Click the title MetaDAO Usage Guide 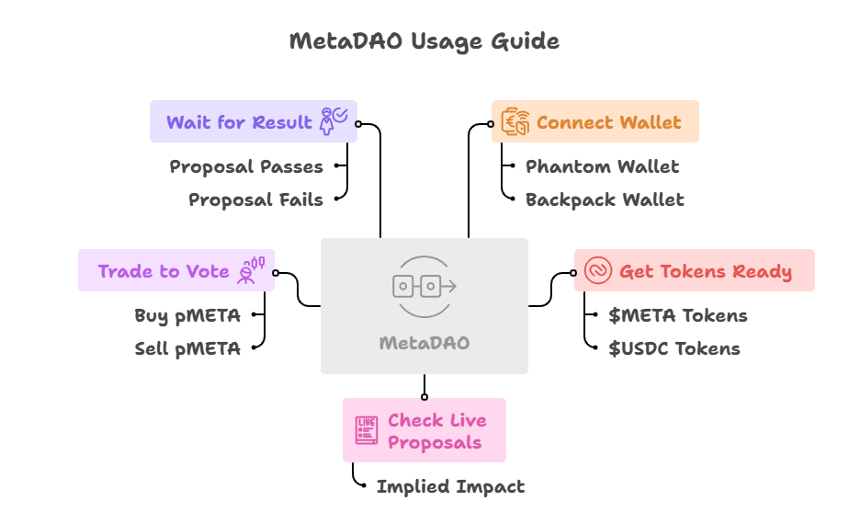424,41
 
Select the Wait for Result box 254,121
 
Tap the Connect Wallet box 594,121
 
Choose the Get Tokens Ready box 694,271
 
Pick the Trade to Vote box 176,271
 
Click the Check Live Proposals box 424,430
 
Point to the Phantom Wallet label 602,166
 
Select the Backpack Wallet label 605,199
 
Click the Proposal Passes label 246,166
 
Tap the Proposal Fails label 255,199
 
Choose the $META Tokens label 677,315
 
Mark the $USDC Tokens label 674,348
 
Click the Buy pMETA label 187,315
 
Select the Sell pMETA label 187,348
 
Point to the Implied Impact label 450,486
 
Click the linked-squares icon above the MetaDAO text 424,286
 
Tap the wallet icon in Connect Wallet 515,122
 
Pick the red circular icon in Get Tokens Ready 597,271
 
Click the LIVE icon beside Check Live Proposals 367,430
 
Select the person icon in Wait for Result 332,120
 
